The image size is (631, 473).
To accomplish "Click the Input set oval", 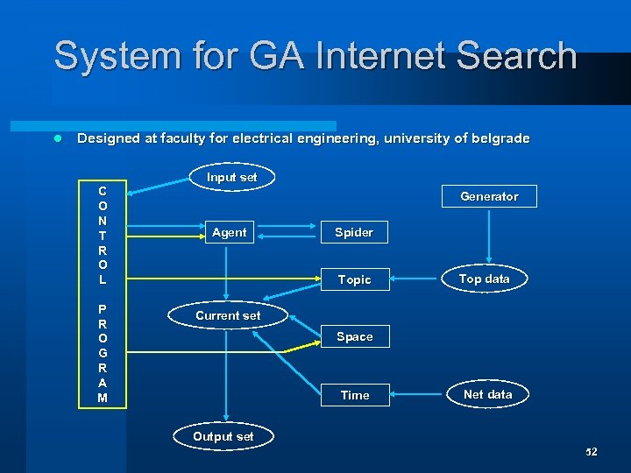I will [x=232, y=178].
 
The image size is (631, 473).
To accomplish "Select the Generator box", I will [x=489, y=196].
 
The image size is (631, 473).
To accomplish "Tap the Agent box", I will [x=229, y=232].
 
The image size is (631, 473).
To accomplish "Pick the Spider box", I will [x=354, y=232].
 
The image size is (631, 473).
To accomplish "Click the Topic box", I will [x=354, y=279].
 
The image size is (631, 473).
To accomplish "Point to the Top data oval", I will [x=485, y=279].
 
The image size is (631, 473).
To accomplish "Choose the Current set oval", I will [x=228, y=315].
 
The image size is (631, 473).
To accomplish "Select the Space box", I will [x=354, y=336].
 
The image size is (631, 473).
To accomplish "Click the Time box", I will [x=354, y=395].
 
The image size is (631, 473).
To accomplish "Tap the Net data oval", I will [x=487, y=394].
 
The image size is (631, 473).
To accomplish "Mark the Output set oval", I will [x=223, y=436].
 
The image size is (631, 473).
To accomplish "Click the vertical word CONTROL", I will [x=103, y=235].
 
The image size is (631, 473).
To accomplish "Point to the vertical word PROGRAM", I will [x=103, y=353].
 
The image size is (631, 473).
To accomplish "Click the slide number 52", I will [x=591, y=452].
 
